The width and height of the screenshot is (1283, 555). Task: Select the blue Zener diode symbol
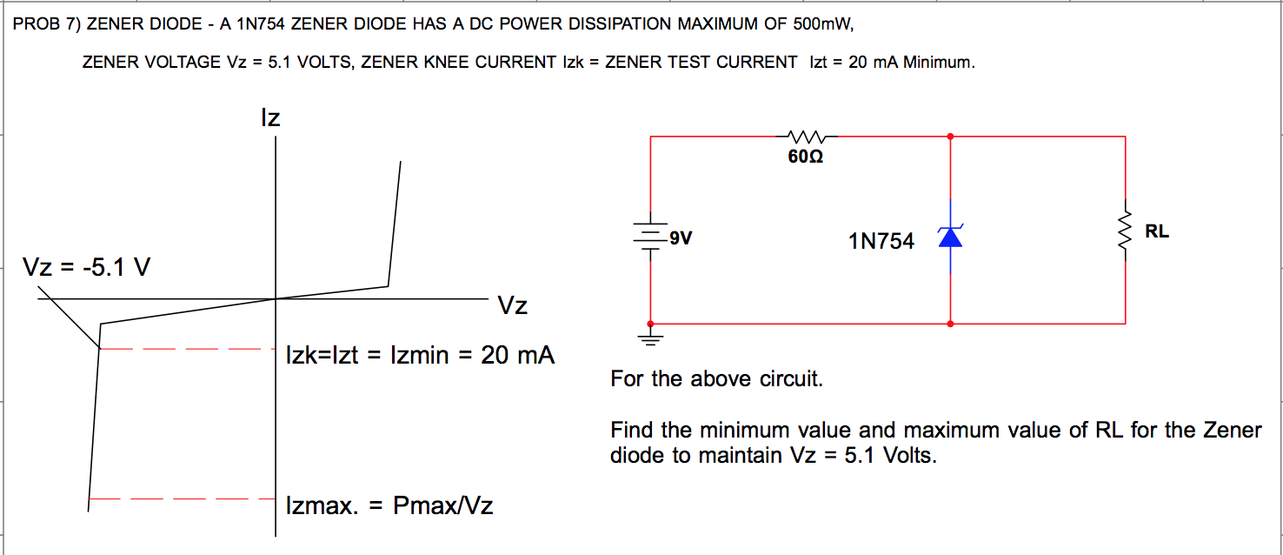pyautogui.click(x=950, y=236)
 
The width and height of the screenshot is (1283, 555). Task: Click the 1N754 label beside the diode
pyautogui.click(x=881, y=242)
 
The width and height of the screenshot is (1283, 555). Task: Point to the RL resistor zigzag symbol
pyautogui.click(x=1125, y=231)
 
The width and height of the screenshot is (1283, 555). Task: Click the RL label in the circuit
pyautogui.click(x=1157, y=231)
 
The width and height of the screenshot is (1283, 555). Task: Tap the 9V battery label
pyautogui.click(x=681, y=237)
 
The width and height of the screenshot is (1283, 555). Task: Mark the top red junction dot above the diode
pyautogui.click(x=950, y=137)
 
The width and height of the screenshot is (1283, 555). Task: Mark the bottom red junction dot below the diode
pyautogui.click(x=950, y=324)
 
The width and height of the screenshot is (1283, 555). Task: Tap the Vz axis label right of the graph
pyautogui.click(x=513, y=306)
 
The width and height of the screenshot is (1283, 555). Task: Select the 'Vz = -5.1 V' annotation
pyautogui.click(x=87, y=266)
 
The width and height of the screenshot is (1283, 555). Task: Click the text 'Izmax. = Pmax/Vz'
pyautogui.click(x=389, y=505)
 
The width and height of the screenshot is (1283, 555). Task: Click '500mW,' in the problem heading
pyautogui.click(x=824, y=24)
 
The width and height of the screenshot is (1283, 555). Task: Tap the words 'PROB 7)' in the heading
pyautogui.click(x=45, y=24)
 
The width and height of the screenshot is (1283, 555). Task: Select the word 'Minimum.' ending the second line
pyautogui.click(x=940, y=63)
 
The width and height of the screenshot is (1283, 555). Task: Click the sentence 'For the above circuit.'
pyautogui.click(x=716, y=379)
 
